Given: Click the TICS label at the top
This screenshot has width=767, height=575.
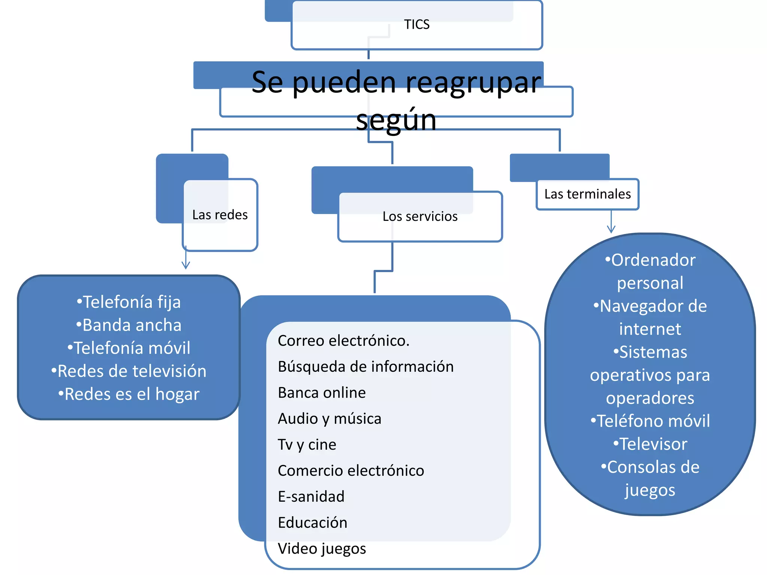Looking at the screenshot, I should (416, 24).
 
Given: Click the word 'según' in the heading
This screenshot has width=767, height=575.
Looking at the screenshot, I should (396, 120).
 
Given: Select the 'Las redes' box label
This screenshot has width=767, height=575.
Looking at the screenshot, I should (220, 215).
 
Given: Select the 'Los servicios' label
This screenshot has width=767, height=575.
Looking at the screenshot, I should (420, 216).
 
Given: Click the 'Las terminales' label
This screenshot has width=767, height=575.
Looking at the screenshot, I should (587, 194).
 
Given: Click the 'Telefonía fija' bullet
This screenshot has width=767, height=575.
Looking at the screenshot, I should (129, 302).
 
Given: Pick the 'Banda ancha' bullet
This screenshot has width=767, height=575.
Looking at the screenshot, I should (129, 325).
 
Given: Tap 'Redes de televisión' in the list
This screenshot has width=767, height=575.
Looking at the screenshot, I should (129, 371).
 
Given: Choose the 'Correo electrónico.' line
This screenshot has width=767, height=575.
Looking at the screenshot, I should (343, 341).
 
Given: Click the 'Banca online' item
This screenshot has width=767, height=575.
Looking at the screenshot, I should (322, 393).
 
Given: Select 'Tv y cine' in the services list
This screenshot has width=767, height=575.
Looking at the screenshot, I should (307, 445).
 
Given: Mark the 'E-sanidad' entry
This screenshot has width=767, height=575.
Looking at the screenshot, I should (311, 497).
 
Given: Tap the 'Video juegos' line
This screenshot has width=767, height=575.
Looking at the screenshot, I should (322, 549).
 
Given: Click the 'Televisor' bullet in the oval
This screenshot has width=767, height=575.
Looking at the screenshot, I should (650, 444).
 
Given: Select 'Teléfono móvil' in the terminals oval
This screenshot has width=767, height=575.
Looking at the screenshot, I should (650, 421).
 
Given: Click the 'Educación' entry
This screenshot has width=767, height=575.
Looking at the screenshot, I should (312, 523).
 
